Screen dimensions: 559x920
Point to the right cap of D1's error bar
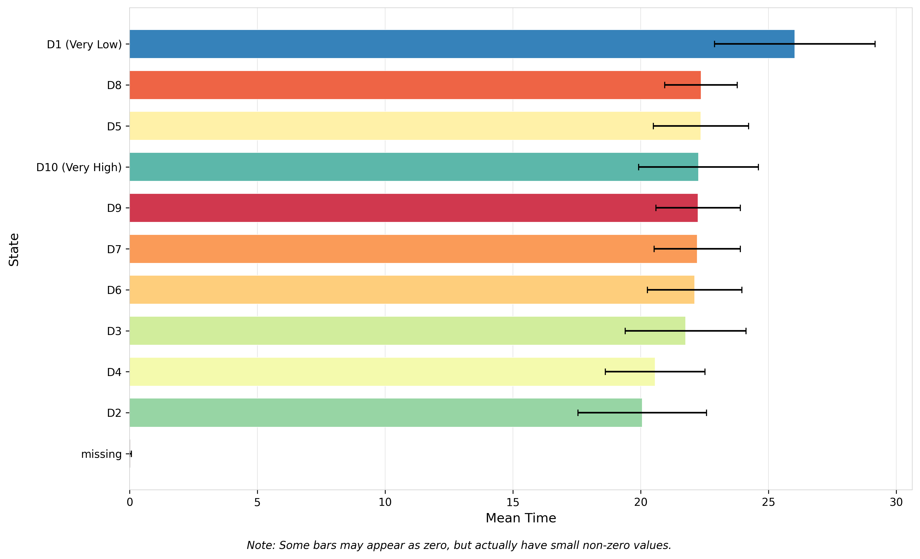[x=875, y=44]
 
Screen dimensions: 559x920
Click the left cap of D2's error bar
[x=578, y=413]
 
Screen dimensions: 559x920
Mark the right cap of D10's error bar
[x=758, y=167]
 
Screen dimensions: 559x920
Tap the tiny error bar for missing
[x=131, y=454]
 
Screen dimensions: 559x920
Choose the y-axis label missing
[x=101, y=454]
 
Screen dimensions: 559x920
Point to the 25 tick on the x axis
[x=768, y=502]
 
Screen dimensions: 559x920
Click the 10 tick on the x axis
[x=385, y=502]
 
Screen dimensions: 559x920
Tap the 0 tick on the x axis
[x=130, y=502]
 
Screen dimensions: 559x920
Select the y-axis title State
[x=14, y=250]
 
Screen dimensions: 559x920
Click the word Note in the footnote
[x=260, y=545]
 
